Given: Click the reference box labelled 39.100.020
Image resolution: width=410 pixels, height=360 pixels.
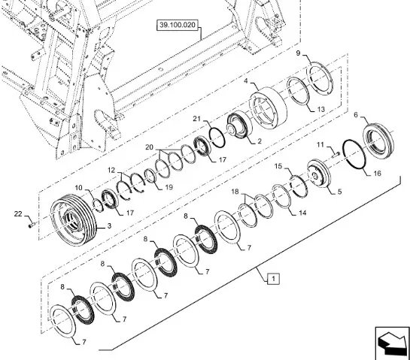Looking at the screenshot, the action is click(178, 25).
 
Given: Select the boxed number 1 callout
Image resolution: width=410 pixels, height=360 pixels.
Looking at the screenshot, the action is click(273, 279).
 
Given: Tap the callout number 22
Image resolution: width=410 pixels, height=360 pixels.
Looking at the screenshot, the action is click(18, 214).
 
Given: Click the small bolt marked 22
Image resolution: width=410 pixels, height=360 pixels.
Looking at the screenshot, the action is click(32, 225).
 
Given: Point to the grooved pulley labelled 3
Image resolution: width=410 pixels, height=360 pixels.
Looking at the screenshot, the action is click(73, 219).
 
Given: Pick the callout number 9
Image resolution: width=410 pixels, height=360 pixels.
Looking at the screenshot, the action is click(299, 53).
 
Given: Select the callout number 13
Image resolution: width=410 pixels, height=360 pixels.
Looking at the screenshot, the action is click(320, 109).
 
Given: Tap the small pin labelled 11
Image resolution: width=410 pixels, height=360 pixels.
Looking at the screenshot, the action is click(336, 155).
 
